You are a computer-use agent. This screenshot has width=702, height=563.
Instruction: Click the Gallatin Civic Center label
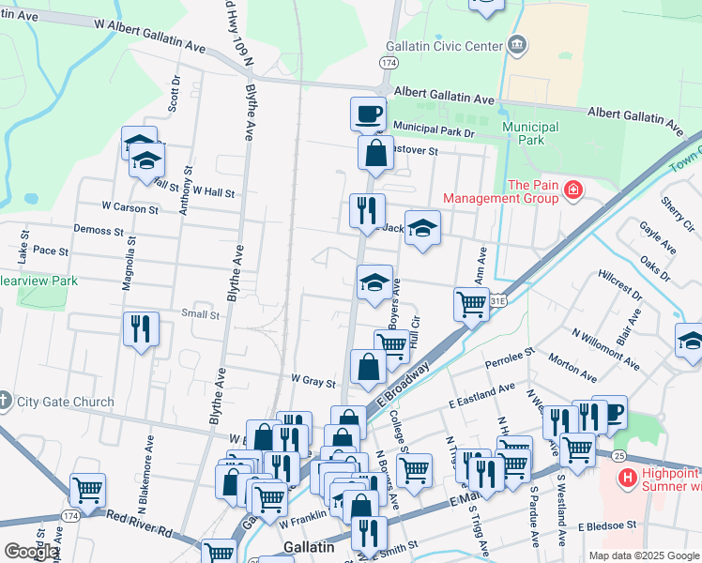445,47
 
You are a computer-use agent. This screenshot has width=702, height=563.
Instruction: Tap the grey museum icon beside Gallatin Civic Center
516,45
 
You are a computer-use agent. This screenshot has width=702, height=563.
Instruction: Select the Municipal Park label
530,133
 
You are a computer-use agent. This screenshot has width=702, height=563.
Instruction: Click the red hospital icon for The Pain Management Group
572,192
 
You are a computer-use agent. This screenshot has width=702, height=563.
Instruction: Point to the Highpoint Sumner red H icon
628,479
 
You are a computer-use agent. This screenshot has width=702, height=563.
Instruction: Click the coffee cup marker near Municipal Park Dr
369,114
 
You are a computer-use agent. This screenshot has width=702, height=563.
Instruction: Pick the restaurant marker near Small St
141,329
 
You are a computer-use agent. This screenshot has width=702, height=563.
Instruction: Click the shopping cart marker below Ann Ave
471,303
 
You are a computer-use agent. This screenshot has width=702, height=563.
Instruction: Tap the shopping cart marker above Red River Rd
87,489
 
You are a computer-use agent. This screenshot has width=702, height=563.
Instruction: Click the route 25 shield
618,455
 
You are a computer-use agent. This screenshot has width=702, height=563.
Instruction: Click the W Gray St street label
313,382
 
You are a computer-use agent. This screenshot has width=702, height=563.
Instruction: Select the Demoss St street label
99,230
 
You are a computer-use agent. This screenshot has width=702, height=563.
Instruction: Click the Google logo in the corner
31,552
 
